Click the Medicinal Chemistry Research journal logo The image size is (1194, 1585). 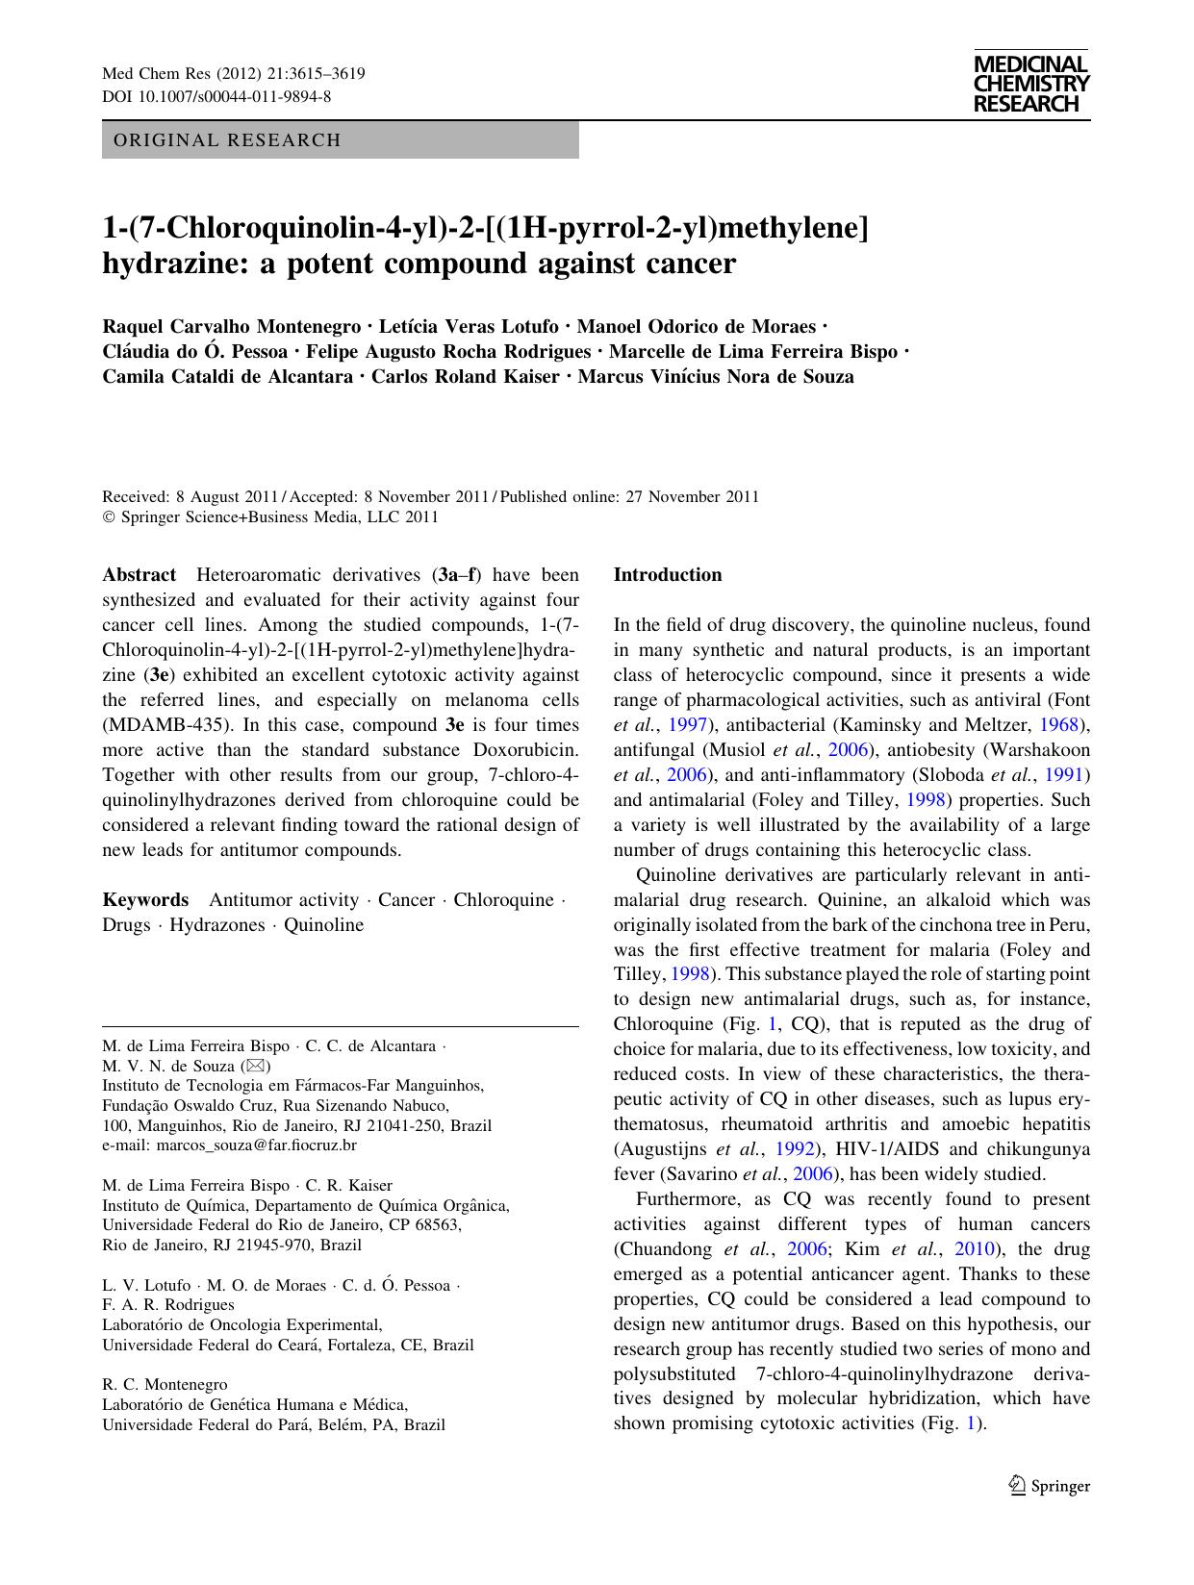pyautogui.click(x=1030, y=84)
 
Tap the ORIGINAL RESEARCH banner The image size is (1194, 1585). pyautogui.click(x=227, y=140)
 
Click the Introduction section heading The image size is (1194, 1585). pyautogui.click(x=668, y=575)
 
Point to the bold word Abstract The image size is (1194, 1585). pyautogui.click(x=140, y=575)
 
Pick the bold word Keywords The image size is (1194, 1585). pyautogui.click(x=145, y=900)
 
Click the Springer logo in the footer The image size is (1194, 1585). pyautogui.click(x=1050, y=1486)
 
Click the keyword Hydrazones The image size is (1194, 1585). pyautogui.click(x=216, y=925)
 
